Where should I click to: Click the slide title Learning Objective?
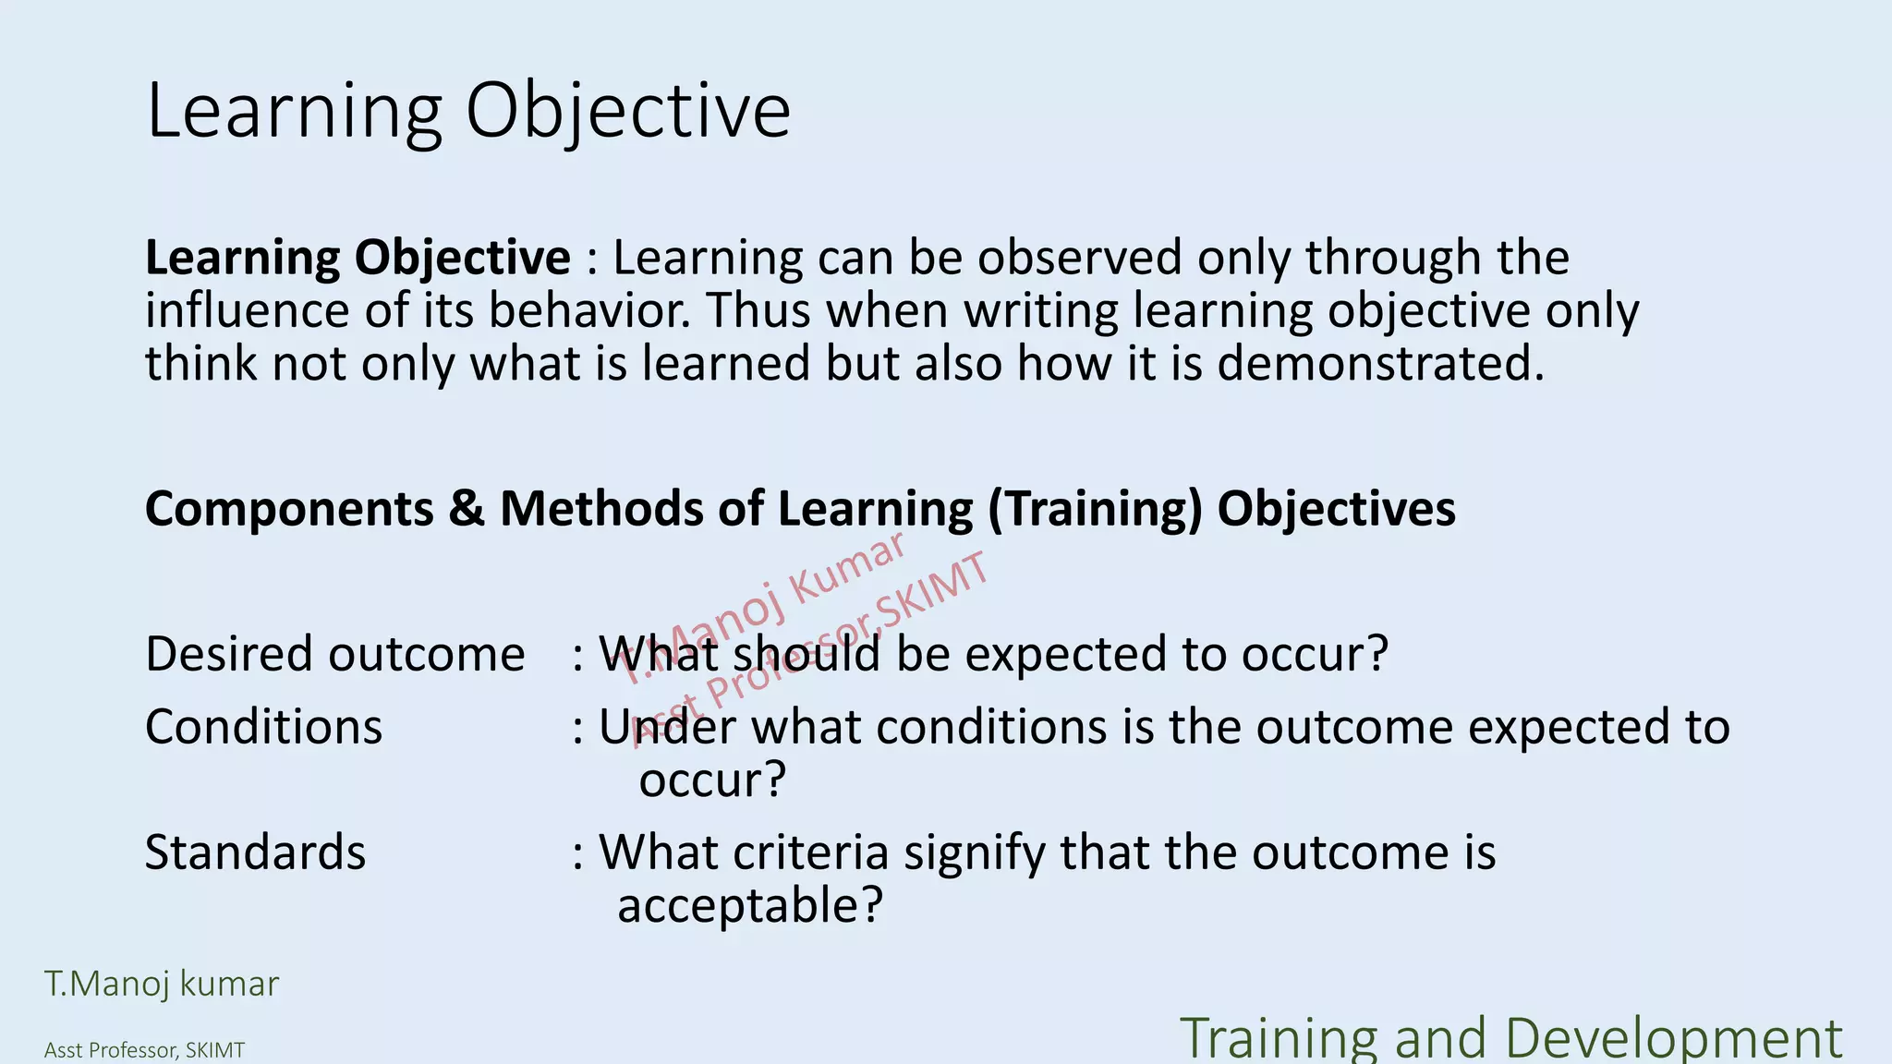(x=468, y=111)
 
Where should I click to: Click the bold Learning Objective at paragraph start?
(x=358, y=258)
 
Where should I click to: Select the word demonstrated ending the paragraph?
(x=1379, y=364)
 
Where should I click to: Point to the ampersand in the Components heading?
(x=467, y=509)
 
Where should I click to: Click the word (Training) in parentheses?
(x=1095, y=509)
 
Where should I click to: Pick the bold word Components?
(x=289, y=509)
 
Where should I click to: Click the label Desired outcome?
(x=334, y=654)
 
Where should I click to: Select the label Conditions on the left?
(x=263, y=727)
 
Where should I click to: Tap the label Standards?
(x=255, y=852)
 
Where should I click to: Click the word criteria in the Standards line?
(x=811, y=852)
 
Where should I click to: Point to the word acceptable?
(x=750, y=905)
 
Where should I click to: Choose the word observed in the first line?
(x=1079, y=258)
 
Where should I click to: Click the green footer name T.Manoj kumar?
(x=162, y=985)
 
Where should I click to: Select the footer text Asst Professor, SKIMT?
(x=145, y=1051)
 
